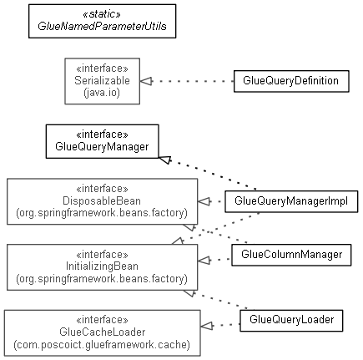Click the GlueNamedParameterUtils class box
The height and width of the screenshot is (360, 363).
[x=103, y=21]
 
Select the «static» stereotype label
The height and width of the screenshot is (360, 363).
[x=102, y=14]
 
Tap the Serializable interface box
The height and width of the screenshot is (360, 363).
[x=103, y=81]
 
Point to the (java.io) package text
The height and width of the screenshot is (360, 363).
[x=102, y=93]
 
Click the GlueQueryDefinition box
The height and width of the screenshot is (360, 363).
[x=291, y=81]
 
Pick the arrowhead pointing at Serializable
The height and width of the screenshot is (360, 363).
[x=146, y=81]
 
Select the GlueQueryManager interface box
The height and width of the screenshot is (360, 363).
[x=103, y=141]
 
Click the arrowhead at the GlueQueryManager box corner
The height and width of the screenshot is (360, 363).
[x=165, y=160]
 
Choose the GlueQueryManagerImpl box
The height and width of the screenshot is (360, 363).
[x=291, y=201]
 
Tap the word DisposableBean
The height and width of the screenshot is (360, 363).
[x=102, y=200]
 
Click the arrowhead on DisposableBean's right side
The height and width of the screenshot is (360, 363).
[x=204, y=201]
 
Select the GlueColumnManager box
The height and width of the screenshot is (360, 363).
[x=291, y=255]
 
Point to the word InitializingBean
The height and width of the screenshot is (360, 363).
[x=102, y=266]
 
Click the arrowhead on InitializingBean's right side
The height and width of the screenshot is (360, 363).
[x=204, y=261]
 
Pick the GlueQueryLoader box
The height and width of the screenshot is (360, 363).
[x=291, y=321]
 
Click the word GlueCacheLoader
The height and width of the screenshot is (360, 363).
[x=102, y=332]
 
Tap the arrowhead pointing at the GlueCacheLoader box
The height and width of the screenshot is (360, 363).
[x=207, y=326]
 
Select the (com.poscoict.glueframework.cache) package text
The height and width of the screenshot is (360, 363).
[x=102, y=344]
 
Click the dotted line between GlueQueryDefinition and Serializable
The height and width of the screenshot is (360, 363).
[x=193, y=81]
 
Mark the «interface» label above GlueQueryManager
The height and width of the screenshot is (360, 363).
[x=102, y=134]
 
